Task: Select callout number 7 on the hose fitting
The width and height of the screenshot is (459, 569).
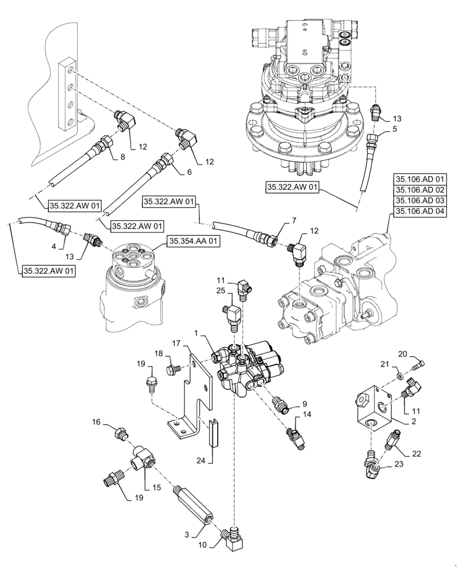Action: pyautogui.click(x=294, y=220)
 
